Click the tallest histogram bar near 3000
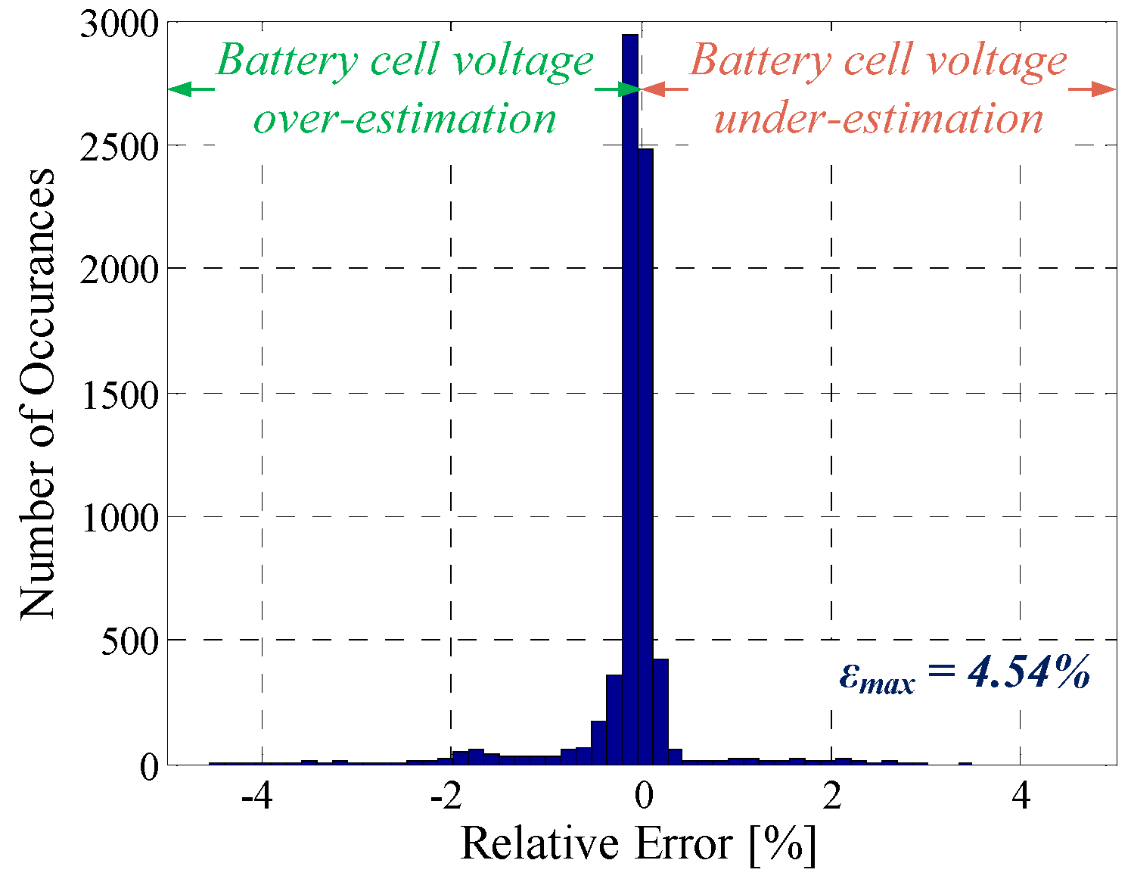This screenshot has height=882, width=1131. point(629,379)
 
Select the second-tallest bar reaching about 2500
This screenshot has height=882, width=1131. point(645,454)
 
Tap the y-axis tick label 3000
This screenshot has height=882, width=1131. point(119,24)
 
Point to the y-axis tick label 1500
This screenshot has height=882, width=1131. point(119,394)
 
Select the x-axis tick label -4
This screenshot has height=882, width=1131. point(256,796)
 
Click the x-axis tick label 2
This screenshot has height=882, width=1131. point(832,796)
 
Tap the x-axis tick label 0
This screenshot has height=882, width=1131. point(644,796)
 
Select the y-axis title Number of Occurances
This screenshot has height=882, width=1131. point(38,394)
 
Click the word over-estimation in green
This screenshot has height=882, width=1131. point(405,119)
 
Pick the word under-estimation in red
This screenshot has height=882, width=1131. point(878,119)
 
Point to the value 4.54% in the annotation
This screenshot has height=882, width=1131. point(1028,672)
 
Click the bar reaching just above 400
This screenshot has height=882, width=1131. point(660,712)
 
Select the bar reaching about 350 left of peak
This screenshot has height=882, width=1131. point(614,719)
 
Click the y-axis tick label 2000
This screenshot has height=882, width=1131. point(119,270)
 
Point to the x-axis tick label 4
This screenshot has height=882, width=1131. point(1021,796)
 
